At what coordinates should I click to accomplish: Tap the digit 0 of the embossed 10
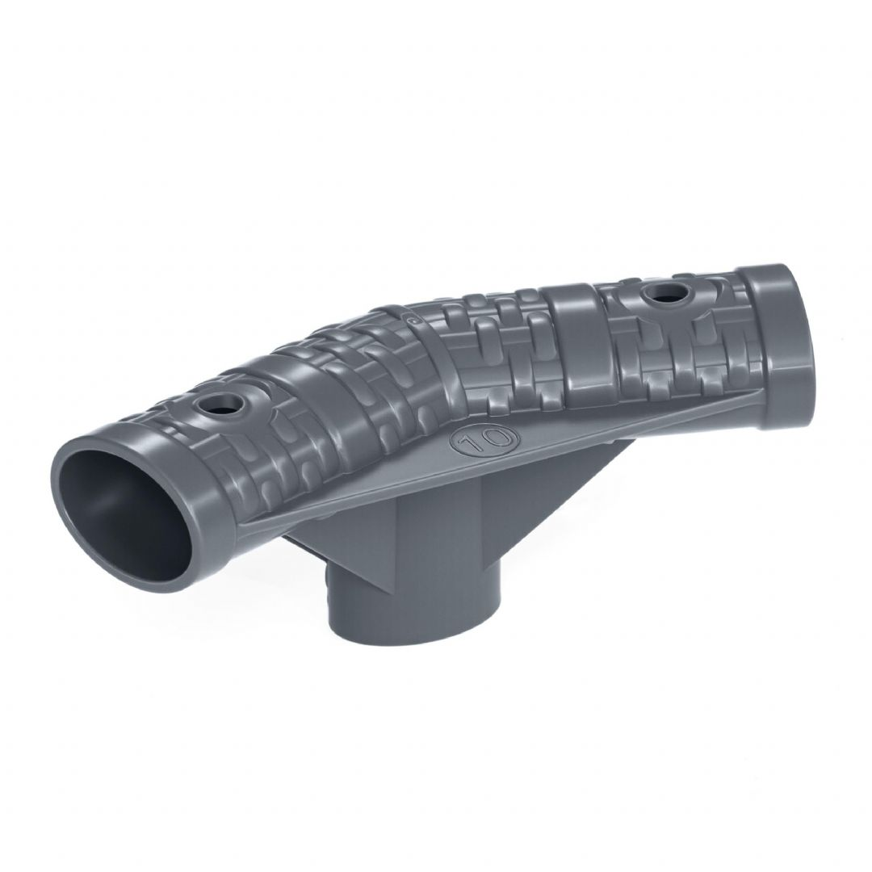tap(492, 437)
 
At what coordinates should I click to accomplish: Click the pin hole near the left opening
tap(223, 401)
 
